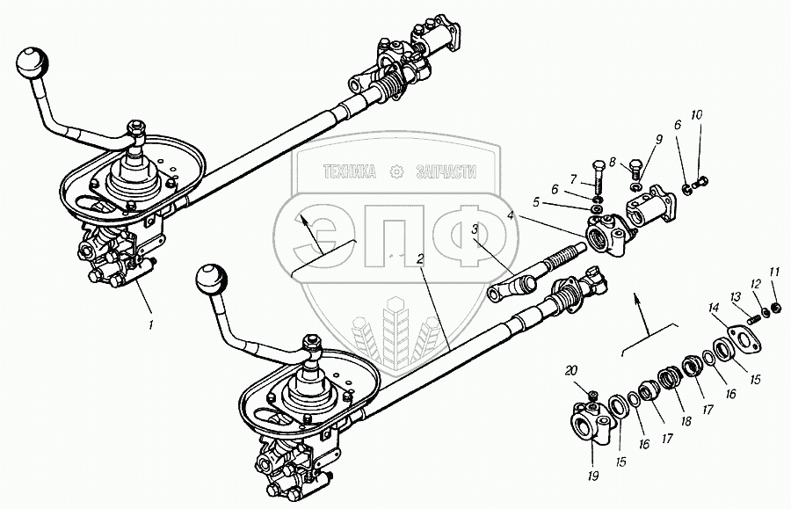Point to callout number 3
pyautogui.click(x=475, y=229)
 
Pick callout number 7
pyautogui.click(x=572, y=179)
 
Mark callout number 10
pyautogui.click(x=696, y=115)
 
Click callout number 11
pyautogui.click(x=773, y=272)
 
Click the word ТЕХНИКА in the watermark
pyautogui.click(x=351, y=172)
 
